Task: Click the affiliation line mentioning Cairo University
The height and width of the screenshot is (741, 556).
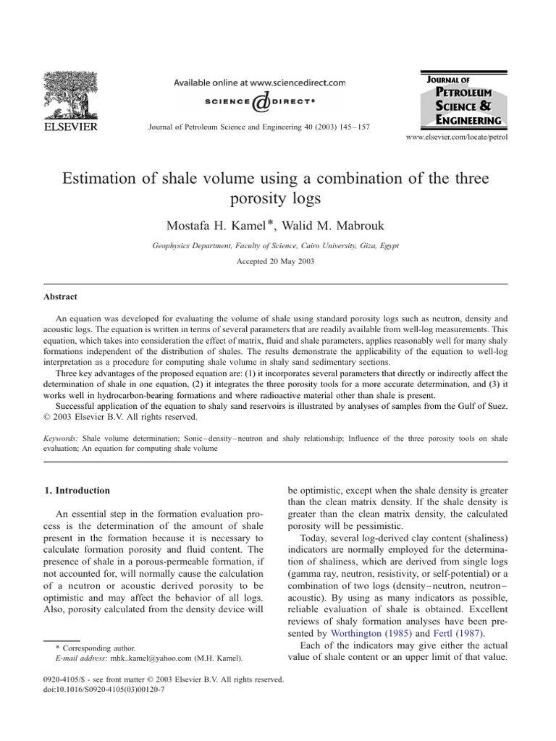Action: (275, 246)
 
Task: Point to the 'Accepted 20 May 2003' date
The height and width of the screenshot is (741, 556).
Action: (275, 261)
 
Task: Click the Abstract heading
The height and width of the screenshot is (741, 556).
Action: (61, 297)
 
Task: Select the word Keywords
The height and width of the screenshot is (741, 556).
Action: (62, 438)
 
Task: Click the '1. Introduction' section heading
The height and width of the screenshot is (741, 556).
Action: (77, 491)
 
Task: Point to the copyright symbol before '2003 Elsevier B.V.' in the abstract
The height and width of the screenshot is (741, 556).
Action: (48, 417)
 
